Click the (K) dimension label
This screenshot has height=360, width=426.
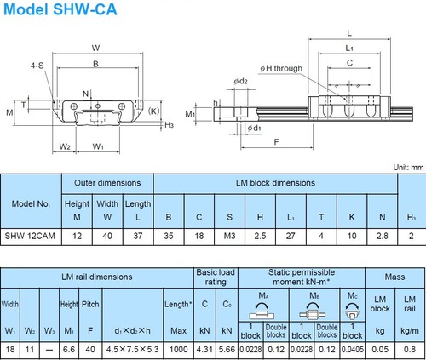point(153,110)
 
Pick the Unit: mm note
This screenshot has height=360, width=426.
point(405,169)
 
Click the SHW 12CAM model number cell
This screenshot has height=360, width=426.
point(32,235)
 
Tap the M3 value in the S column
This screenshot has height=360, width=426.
point(228,235)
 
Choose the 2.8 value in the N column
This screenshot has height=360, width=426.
point(382,235)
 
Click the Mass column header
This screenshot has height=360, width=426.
point(395,277)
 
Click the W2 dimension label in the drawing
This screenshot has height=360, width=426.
point(65,146)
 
